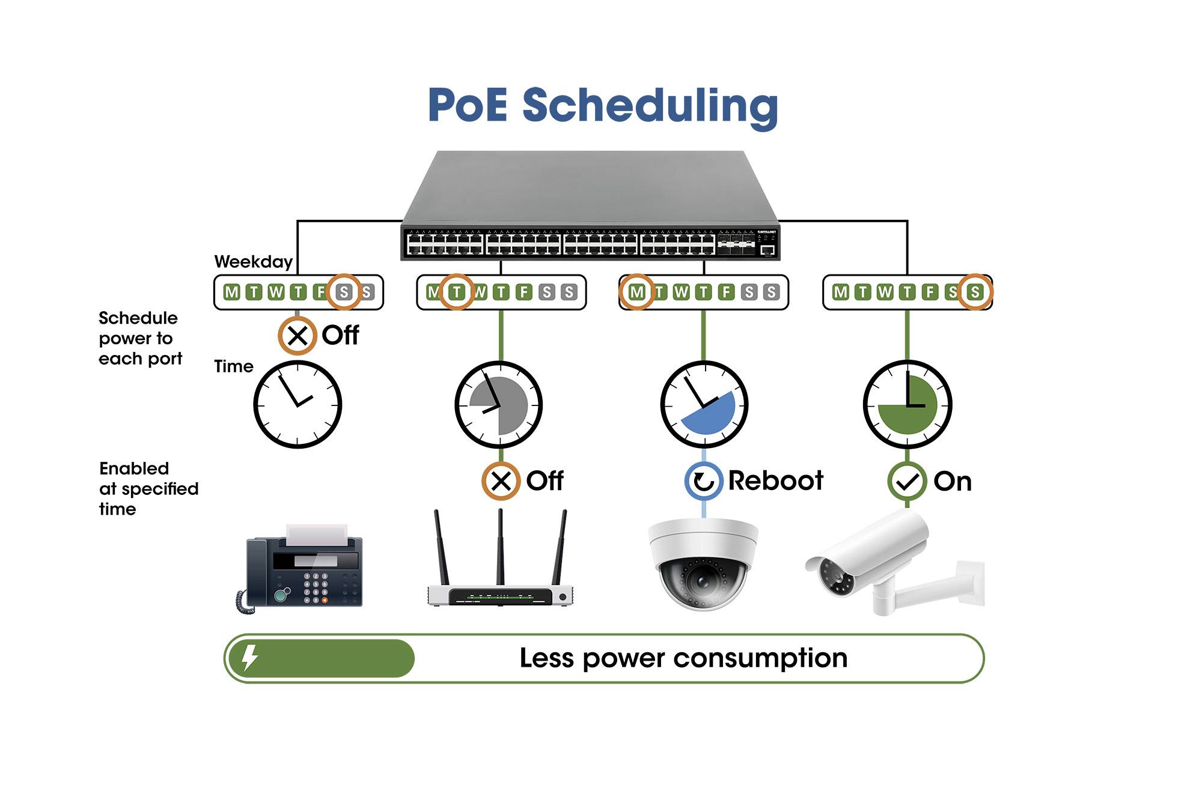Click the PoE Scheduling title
click(x=603, y=106)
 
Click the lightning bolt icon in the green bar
click(x=249, y=658)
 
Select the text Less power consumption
click(x=683, y=658)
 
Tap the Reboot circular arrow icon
click(x=704, y=481)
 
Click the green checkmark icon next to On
click(x=907, y=481)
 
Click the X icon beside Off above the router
click(x=501, y=481)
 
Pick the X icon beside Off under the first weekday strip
click(x=297, y=335)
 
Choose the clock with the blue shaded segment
click(x=704, y=404)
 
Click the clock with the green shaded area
click(x=908, y=404)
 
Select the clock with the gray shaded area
click(x=499, y=404)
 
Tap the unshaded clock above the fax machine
click(x=297, y=404)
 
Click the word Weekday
click(x=253, y=262)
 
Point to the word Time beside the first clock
click(x=233, y=366)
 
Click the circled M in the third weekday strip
click(x=636, y=292)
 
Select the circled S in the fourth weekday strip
click(x=975, y=292)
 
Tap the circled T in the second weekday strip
click(x=457, y=292)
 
